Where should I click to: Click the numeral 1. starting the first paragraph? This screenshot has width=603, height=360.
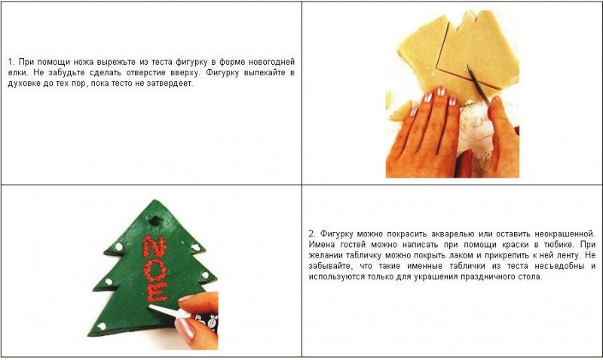click(11, 62)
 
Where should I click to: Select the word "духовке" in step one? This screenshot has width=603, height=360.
click(23, 84)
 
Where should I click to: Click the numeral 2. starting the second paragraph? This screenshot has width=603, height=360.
click(312, 233)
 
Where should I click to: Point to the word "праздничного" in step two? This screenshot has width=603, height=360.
click(487, 276)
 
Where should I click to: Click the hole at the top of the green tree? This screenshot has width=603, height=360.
click(155, 221)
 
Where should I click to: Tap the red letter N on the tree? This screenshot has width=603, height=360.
click(155, 246)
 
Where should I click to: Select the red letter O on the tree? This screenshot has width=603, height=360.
click(155, 270)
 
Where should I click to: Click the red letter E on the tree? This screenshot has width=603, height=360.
click(157, 291)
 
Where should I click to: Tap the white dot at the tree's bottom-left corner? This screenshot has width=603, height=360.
click(102, 327)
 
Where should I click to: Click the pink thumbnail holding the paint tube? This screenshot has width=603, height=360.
click(185, 329)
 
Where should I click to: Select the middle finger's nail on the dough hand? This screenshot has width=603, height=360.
click(440, 90)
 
